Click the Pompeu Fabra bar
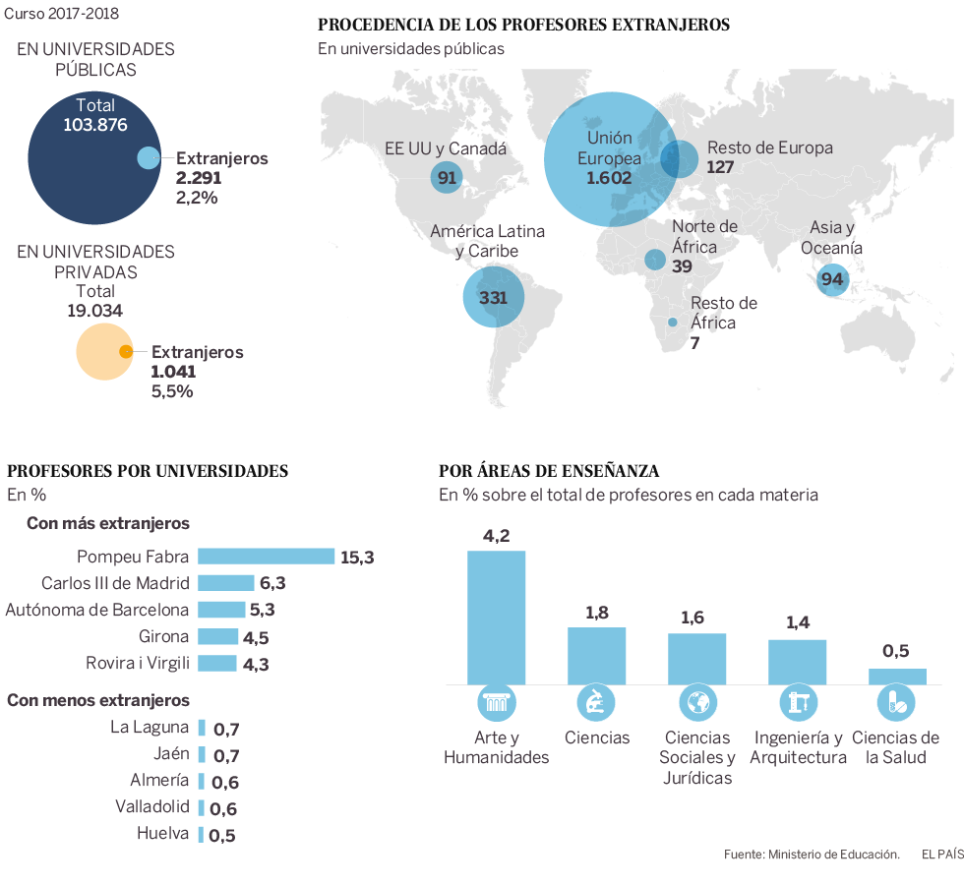266,557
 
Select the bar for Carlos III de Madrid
226,583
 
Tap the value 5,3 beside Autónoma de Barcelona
262,610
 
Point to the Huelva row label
163,834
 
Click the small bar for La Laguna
202,728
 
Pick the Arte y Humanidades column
496,618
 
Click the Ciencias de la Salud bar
897,677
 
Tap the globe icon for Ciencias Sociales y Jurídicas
696,702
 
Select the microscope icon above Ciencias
596,702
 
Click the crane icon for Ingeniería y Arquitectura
797,702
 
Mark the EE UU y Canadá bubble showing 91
447,178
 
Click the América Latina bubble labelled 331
493,297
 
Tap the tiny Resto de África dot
673,323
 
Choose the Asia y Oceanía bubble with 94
832,279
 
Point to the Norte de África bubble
655,260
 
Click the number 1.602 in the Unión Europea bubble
609,178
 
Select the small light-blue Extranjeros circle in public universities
148,157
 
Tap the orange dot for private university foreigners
126,352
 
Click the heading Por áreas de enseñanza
549,471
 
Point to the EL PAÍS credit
941,854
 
